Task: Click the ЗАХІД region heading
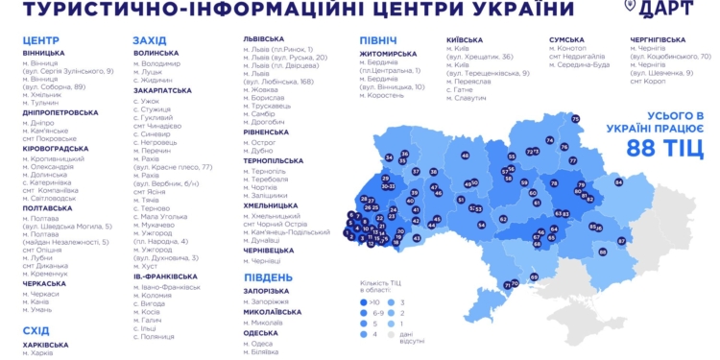coord(150,40)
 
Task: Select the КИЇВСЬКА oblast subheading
coord(470,40)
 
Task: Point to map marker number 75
coord(575,119)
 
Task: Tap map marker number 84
coord(619,181)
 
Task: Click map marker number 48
coord(466,155)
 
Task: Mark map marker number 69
coord(534,276)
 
